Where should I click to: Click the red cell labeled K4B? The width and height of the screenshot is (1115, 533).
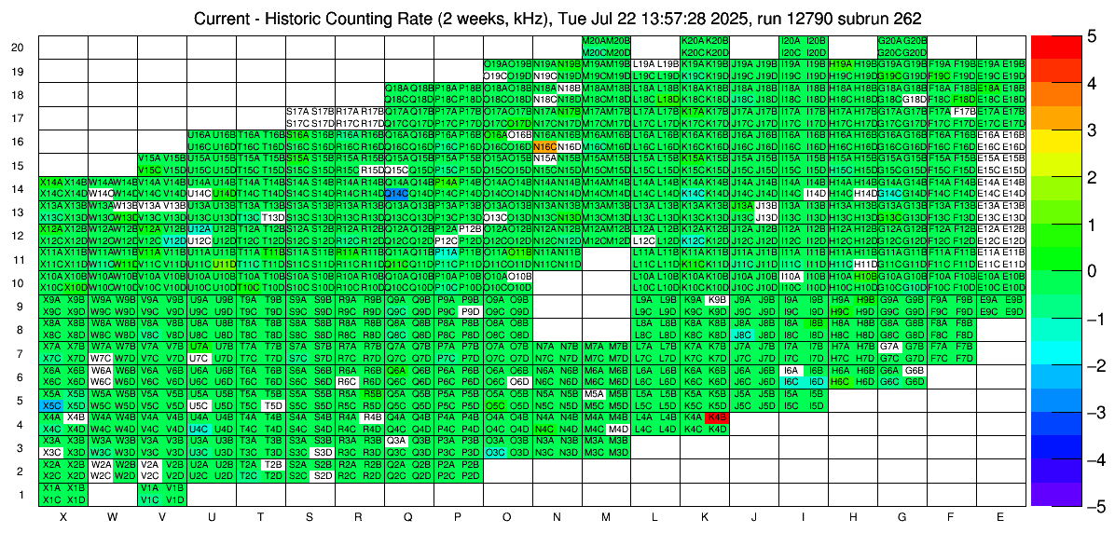[x=717, y=417]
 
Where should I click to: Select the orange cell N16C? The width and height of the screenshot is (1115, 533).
[x=544, y=146]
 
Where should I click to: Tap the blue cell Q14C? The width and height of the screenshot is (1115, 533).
[x=396, y=193]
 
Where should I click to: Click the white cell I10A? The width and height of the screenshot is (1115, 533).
[x=791, y=276]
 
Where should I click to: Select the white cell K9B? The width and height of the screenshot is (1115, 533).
[x=717, y=299]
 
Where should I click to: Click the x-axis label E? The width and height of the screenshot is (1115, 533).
[x=1000, y=516]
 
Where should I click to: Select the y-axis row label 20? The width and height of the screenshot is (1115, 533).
[x=18, y=48]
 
